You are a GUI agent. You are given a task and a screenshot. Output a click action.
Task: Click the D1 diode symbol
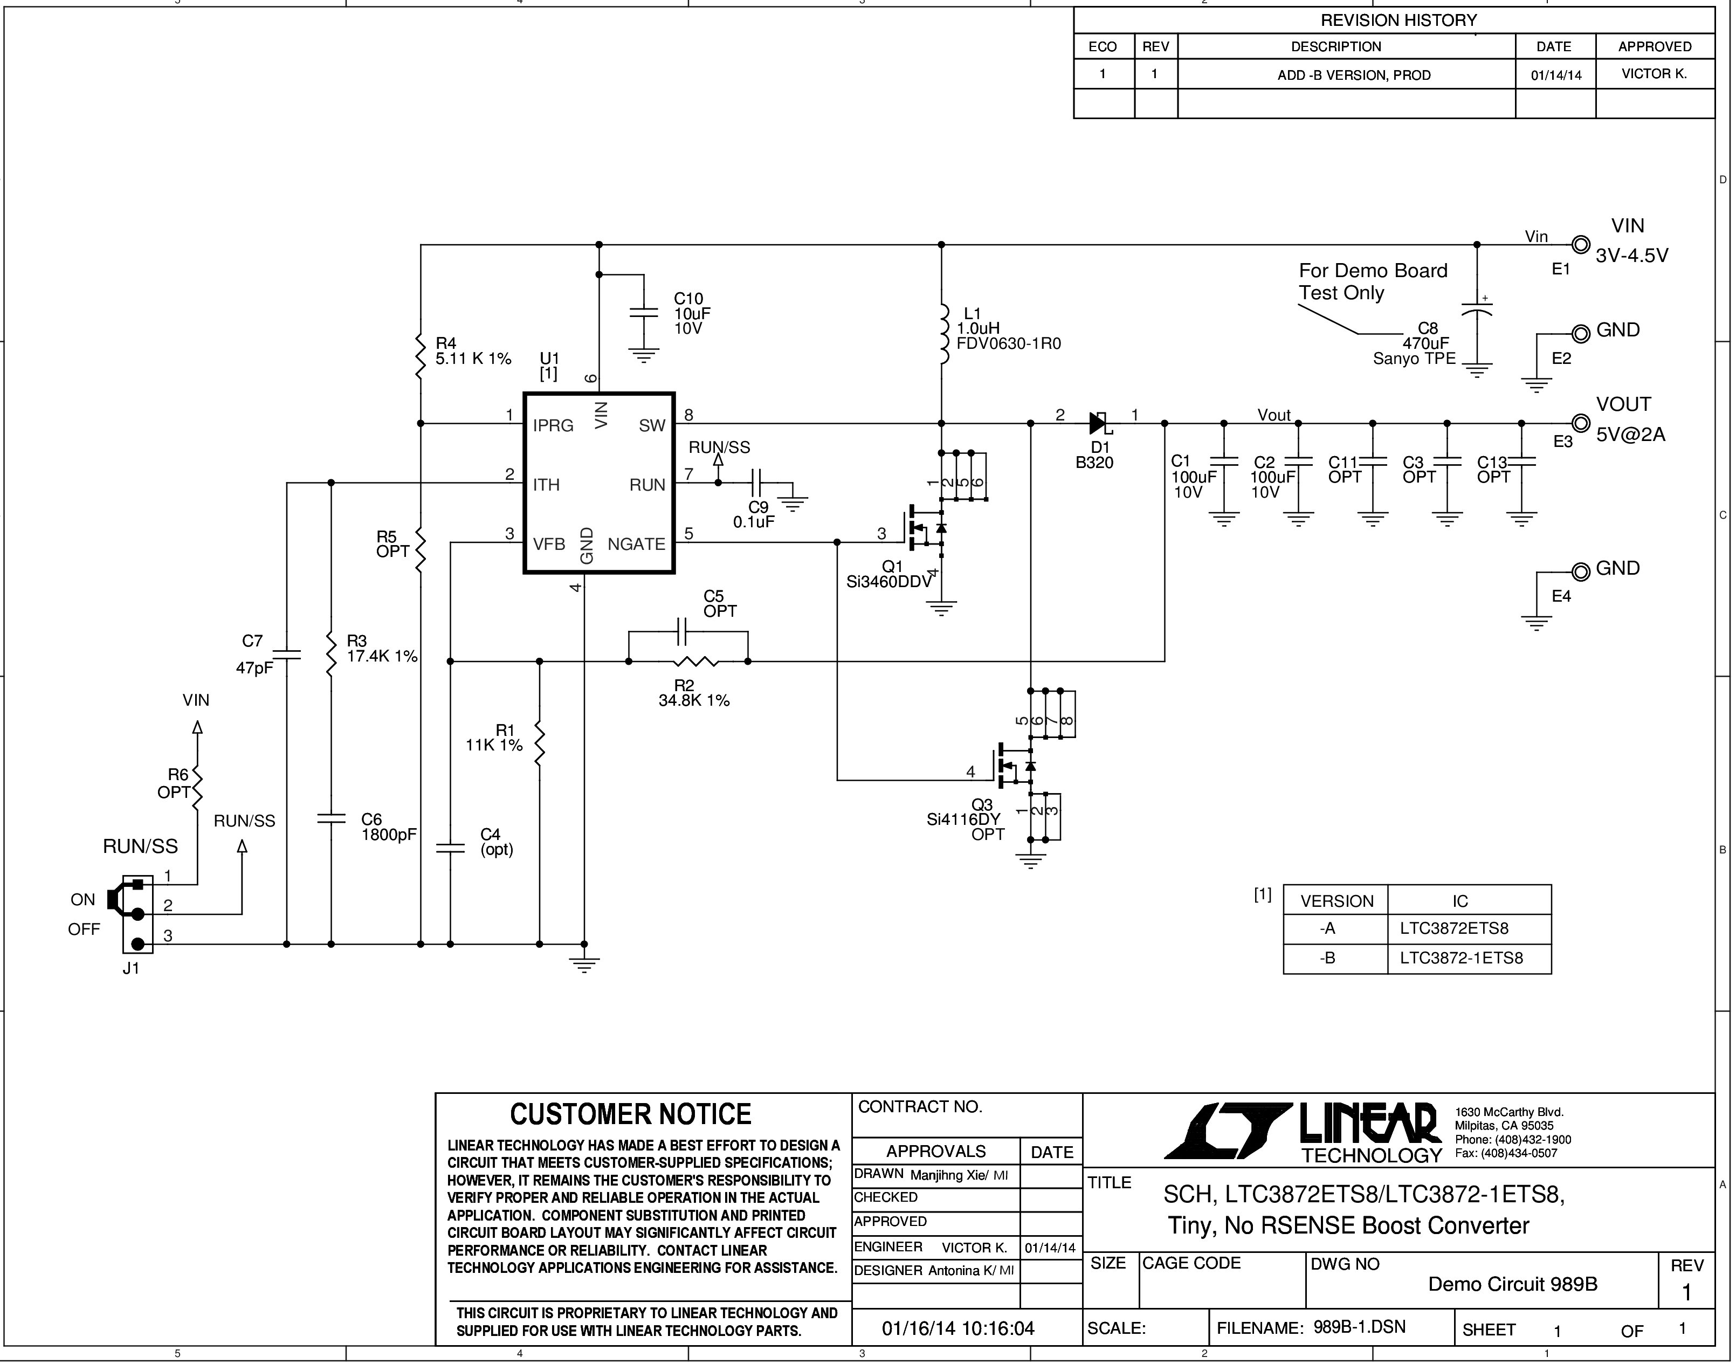tap(1099, 423)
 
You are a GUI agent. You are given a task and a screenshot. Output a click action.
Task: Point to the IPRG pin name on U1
tap(553, 426)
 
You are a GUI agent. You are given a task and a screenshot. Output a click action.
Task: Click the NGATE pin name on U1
tap(636, 544)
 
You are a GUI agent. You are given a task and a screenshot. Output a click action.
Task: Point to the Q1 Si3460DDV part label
tap(890, 574)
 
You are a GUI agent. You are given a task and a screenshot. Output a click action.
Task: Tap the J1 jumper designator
tap(131, 969)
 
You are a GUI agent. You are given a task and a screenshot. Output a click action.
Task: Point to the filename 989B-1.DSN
tap(1359, 1327)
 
